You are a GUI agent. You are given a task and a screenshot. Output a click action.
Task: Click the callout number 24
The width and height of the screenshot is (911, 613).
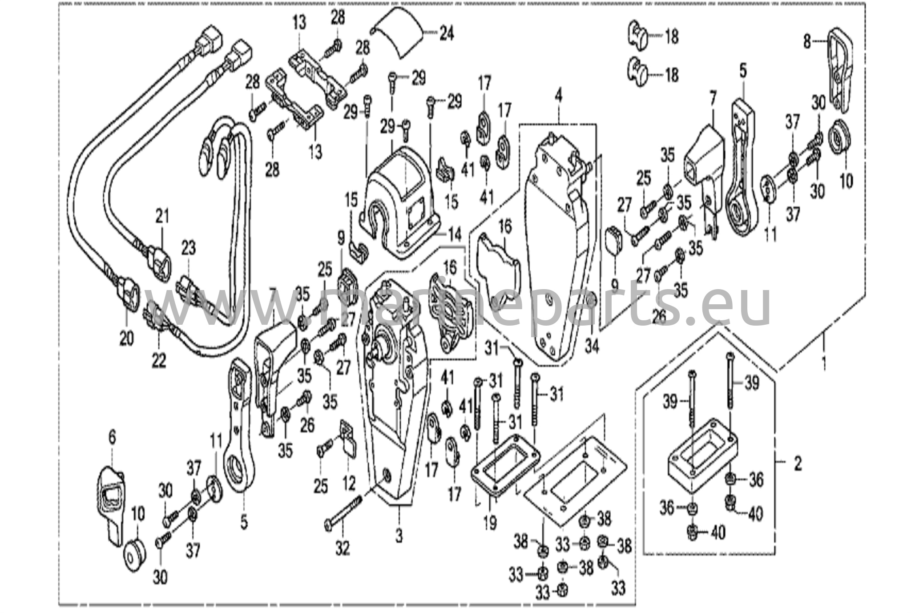click(x=447, y=33)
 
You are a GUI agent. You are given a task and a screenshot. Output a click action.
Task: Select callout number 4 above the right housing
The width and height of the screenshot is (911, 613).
click(x=558, y=95)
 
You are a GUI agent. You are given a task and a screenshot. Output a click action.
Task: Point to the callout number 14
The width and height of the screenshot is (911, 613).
click(x=455, y=234)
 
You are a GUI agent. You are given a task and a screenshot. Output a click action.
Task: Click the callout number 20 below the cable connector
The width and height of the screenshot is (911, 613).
click(x=126, y=339)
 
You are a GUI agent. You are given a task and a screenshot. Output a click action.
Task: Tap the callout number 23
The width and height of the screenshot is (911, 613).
click(x=188, y=248)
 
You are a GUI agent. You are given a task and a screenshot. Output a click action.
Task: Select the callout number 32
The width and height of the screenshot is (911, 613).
click(x=343, y=548)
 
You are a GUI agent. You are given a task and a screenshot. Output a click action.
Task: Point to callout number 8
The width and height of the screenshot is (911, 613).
click(x=807, y=42)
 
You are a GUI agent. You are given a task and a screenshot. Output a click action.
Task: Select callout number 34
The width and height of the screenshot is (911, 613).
click(x=592, y=346)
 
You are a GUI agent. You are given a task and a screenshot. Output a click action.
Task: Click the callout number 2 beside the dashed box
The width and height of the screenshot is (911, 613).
click(x=798, y=464)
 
